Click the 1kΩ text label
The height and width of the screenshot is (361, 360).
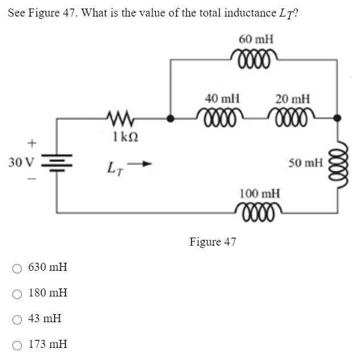coord(125,137)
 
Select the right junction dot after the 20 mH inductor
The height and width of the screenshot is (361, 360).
coord(337,119)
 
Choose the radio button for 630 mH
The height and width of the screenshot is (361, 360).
coord(18,267)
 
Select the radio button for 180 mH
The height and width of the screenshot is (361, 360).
coord(18,293)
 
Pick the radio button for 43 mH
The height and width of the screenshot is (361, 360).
coord(18,319)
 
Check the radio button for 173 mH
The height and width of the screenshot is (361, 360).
coord(18,344)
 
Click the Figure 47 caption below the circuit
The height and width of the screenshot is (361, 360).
coord(212,242)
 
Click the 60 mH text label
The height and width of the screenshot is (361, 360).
coord(256,39)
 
